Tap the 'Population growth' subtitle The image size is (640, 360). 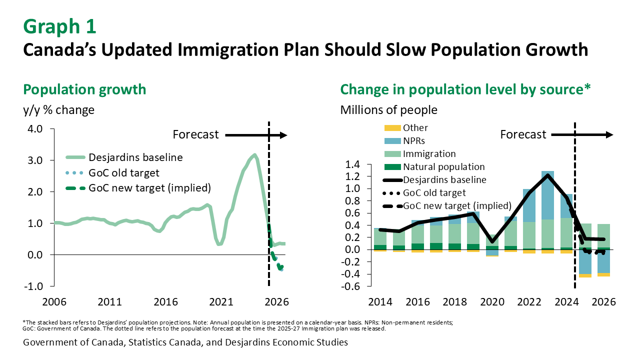point(85,89)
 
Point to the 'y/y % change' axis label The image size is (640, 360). point(59,109)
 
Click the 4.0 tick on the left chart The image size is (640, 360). point(34,129)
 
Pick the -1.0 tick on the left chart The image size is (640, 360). point(32,286)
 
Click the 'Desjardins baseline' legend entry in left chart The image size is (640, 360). point(135,157)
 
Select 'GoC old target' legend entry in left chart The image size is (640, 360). point(123,172)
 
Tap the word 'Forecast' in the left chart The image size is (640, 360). point(195,134)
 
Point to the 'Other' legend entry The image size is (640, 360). point(415,128)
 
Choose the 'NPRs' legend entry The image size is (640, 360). point(414,141)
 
